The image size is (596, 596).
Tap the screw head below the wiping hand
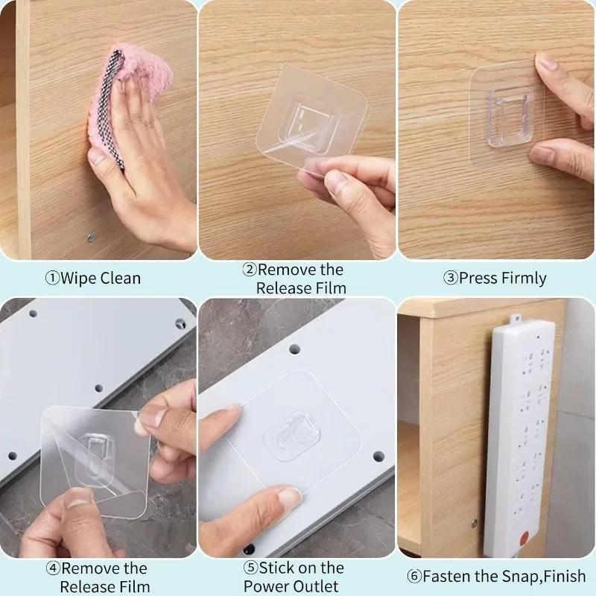(91, 238)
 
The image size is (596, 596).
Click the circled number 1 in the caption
(52, 278)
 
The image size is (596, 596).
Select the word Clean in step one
(121, 278)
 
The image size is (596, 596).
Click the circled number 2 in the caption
(250, 270)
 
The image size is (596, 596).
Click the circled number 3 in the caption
(451, 278)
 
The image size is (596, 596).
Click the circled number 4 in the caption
(54, 568)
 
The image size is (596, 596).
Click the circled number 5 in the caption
(250, 568)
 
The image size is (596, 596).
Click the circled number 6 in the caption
(414, 576)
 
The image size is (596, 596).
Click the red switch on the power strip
(524, 538)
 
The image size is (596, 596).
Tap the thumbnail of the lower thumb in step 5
(289, 496)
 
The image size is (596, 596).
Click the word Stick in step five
(276, 568)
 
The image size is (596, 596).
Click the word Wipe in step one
(79, 279)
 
